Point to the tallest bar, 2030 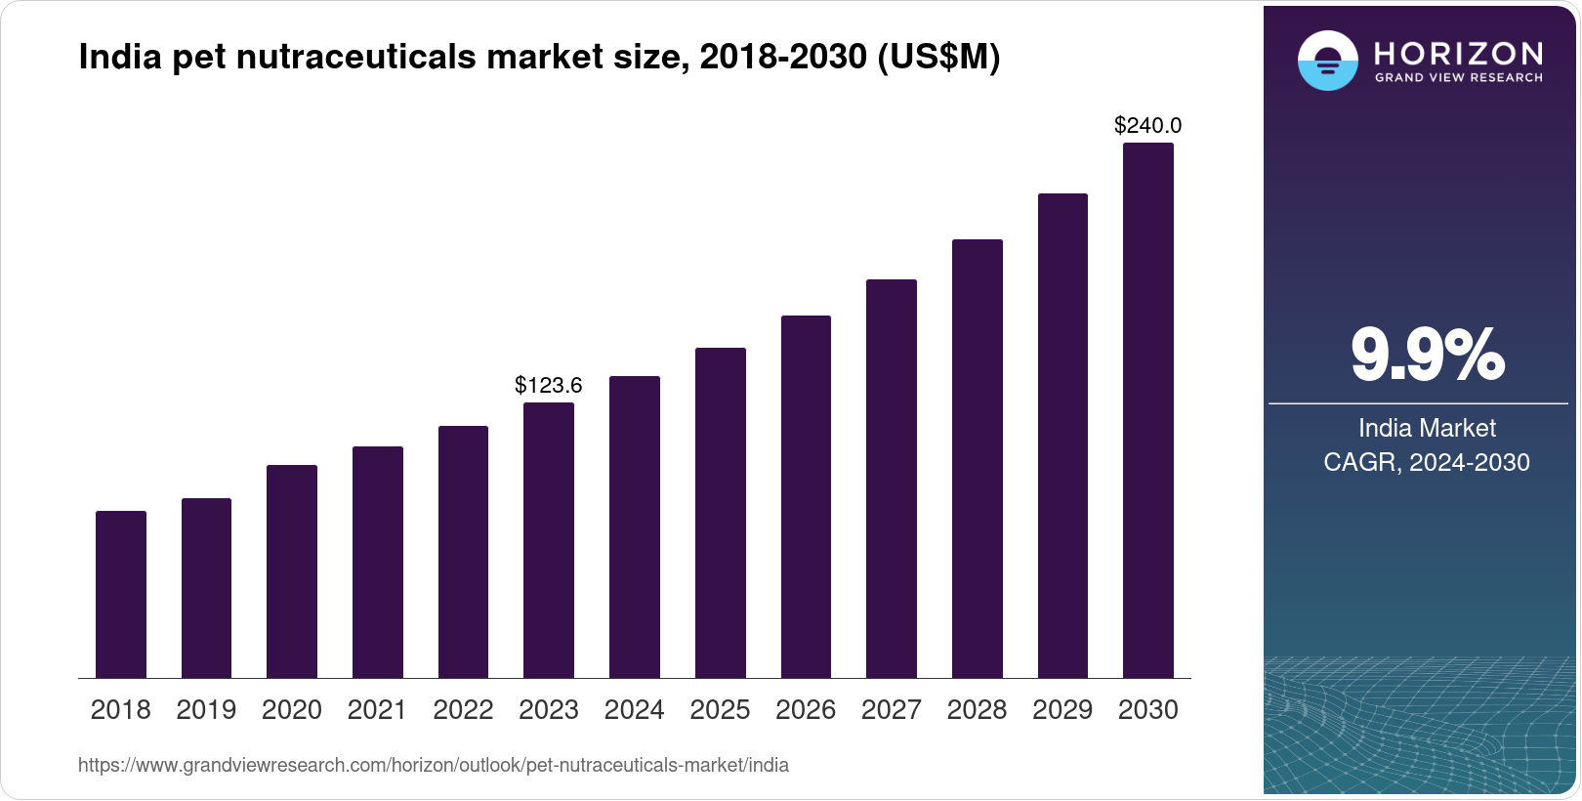click(x=1148, y=410)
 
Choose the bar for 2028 click(x=978, y=458)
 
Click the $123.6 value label click(x=549, y=385)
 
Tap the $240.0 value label click(x=1148, y=125)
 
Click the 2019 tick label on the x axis click(x=206, y=710)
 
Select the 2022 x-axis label click(x=463, y=710)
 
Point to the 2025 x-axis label click(x=720, y=710)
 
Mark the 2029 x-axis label click(x=1062, y=710)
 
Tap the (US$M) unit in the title click(x=938, y=58)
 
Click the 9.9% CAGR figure click(x=1427, y=356)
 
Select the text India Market click(x=1427, y=428)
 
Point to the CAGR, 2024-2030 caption click(x=1427, y=462)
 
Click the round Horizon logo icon click(x=1327, y=61)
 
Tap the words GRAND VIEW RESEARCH click(x=1459, y=78)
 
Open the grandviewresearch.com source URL click(x=434, y=765)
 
